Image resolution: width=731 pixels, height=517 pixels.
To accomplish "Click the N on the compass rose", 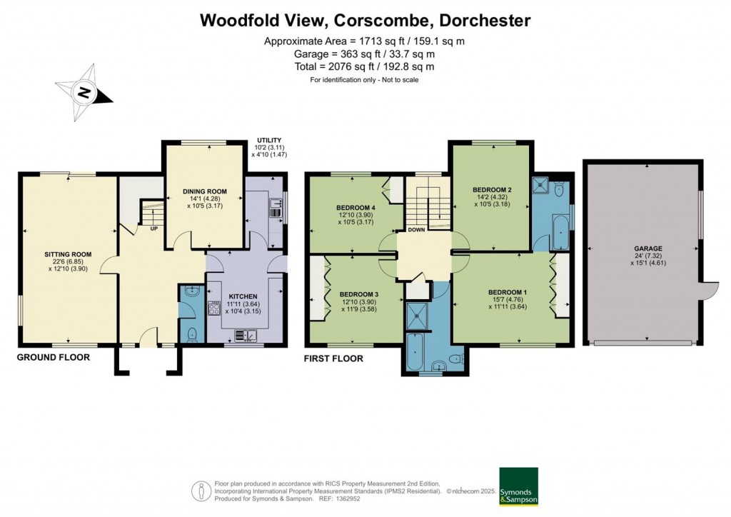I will [84, 93].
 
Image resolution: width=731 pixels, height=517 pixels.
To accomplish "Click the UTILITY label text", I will [269, 141].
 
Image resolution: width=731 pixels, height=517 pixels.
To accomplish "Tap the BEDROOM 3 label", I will [358, 294].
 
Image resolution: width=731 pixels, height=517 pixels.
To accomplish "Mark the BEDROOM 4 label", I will [356, 208].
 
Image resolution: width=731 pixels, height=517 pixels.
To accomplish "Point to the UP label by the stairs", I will [153, 229].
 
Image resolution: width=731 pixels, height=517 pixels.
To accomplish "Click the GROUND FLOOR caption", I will [54, 357].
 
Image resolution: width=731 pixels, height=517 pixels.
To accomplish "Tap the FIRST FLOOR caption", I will [334, 358].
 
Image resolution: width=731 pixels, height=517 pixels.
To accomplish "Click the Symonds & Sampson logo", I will [518, 486].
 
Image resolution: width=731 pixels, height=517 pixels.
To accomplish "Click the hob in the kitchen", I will [213, 308].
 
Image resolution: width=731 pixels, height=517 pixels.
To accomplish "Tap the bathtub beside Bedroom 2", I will [560, 234].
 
